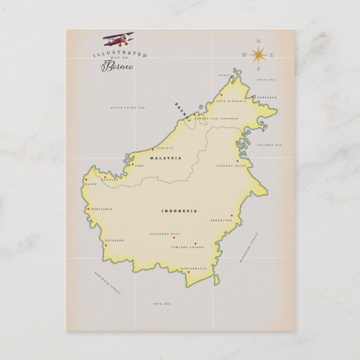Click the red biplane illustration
tap(118, 39)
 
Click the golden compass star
tap(258, 54)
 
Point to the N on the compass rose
tap(258, 41)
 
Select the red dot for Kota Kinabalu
tap(221, 94)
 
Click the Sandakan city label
tap(265, 97)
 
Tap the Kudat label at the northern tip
tap(225, 75)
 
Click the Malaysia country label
tap(166, 158)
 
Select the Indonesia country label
tap(179, 211)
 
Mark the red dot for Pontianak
tap(88, 209)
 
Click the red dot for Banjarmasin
tap(188, 272)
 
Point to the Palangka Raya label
tap(163, 234)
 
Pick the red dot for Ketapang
tap(106, 244)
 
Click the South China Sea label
tap(126, 108)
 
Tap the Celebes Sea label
tap(269, 145)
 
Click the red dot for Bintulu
tap(153, 149)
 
